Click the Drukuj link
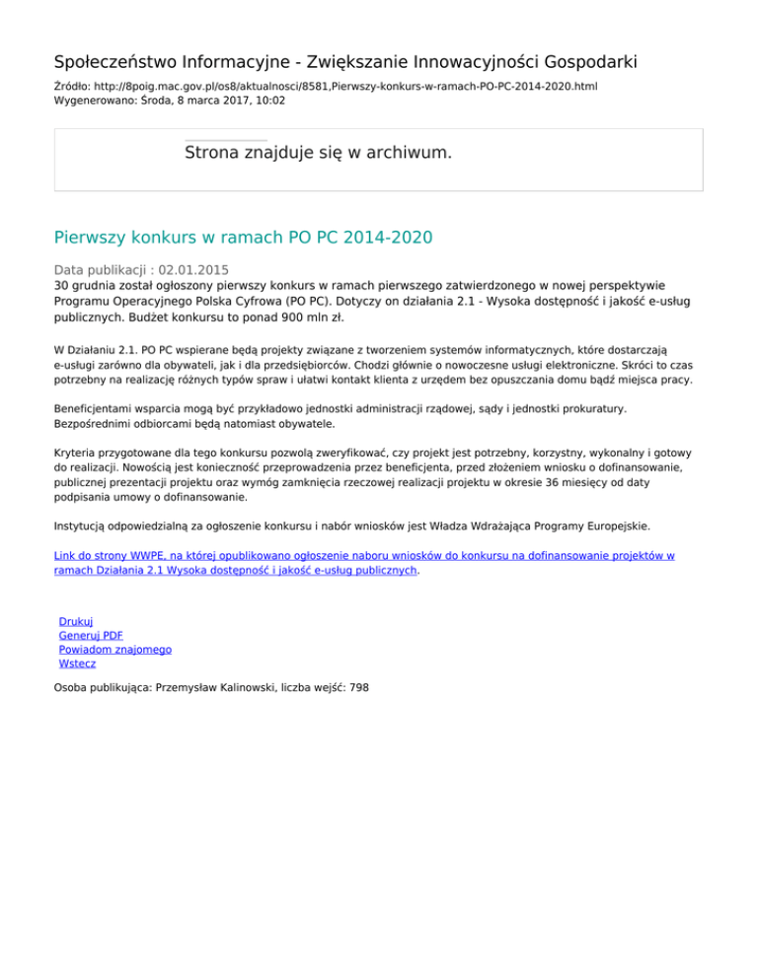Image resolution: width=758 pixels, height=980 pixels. point(76,622)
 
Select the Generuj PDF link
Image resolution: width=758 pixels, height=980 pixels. point(84,636)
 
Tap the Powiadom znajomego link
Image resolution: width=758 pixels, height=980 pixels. point(115,650)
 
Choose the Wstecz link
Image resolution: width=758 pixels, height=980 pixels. point(77,664)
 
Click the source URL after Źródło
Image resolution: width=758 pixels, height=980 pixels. point(341,87)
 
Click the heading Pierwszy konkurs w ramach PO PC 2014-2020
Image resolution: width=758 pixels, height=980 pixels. point(243,238)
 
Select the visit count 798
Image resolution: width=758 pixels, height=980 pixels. point(358,689)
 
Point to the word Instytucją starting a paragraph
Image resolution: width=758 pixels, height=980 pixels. point(85,526)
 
